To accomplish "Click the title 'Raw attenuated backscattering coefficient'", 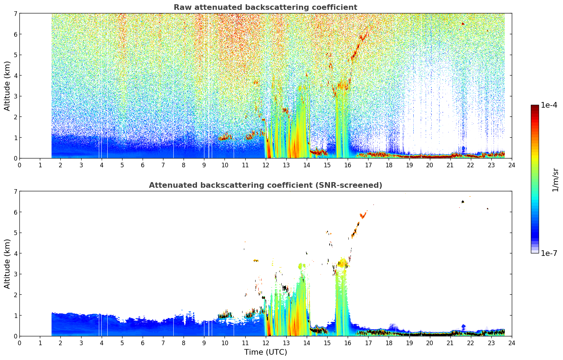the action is tap(265, 7).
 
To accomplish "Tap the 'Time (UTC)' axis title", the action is tap(265, 352).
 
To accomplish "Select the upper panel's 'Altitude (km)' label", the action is tap(7, 86).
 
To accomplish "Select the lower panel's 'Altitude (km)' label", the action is tap(7, 264).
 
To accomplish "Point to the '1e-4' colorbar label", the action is tap(549, 105).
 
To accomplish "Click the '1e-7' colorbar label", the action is tap(549, 253).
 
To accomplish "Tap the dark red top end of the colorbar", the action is tap(535, 106).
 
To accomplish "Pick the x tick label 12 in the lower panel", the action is tap(266, 343).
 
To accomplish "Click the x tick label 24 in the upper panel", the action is tap(512, 165).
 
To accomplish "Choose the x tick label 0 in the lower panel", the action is tap(20, 343).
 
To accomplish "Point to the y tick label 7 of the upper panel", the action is tap(15, 13).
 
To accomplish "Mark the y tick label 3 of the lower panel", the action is tap(15, 274).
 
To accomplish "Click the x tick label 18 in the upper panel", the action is tap(389, 165).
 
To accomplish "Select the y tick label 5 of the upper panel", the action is tap(15, 55).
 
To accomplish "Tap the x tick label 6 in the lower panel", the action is tap(143, 343).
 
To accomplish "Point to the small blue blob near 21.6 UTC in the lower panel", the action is tap(463, 327).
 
